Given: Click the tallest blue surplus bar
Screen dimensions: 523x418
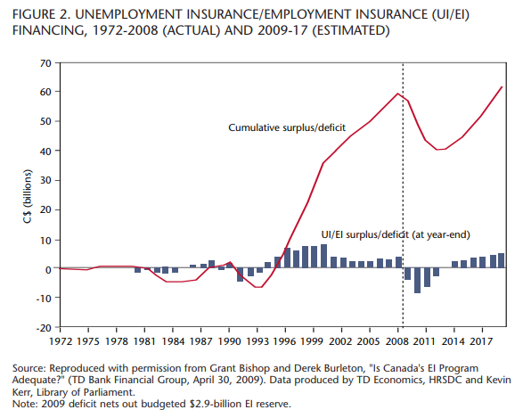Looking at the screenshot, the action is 323,256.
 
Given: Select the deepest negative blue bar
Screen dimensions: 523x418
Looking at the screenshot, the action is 417,281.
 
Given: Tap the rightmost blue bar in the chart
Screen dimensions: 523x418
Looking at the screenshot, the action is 501,260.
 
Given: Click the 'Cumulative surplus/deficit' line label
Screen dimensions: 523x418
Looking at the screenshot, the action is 287,127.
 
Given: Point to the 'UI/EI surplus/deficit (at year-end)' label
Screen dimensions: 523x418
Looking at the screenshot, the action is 396,234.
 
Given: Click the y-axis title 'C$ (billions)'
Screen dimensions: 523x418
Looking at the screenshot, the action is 28,196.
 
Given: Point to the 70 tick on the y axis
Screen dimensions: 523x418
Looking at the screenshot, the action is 45,63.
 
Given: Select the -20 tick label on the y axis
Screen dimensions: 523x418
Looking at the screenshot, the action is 44,328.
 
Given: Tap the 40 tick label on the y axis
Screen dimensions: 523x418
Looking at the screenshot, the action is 45,152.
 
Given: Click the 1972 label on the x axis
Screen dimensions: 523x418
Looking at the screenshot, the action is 61,341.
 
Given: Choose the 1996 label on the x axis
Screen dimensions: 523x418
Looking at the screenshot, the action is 285,341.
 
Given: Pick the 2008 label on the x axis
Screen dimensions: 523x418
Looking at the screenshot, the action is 397,341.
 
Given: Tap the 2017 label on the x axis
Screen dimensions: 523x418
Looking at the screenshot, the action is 482,341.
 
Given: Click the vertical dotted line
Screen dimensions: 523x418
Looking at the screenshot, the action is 403,195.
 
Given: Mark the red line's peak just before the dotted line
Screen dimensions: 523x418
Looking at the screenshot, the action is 397,94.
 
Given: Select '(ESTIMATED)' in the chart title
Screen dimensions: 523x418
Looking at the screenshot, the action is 351,30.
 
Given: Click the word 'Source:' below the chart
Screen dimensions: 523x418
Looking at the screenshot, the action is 29,368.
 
